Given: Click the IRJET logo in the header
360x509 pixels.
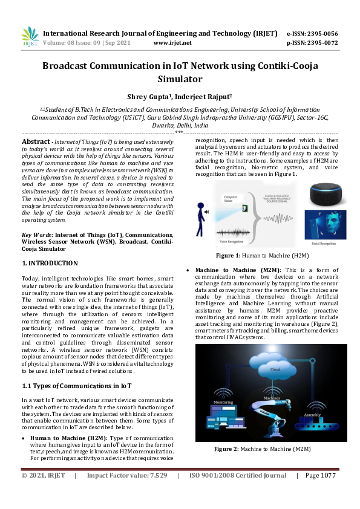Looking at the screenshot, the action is coord(30,37).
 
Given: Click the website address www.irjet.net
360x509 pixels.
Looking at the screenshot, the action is coord(172,43).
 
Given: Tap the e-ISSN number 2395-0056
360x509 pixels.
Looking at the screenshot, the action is coord(322,34).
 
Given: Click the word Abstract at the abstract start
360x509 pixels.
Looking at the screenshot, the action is coord(36,141).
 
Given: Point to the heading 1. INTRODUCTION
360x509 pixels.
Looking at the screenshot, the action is coord(50,263).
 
